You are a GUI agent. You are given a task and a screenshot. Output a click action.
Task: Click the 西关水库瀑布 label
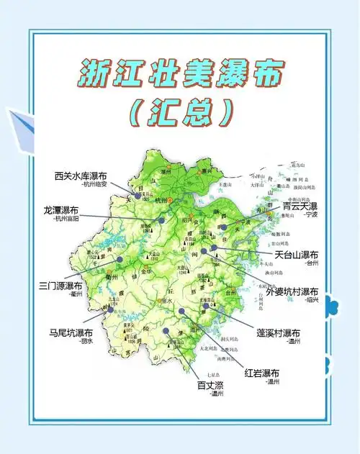point(81,176)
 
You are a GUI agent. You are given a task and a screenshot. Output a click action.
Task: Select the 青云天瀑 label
point(300,206)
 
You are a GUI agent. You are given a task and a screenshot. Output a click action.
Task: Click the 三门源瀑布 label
point(61,286)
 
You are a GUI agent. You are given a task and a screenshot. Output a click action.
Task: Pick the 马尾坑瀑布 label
point(71,333)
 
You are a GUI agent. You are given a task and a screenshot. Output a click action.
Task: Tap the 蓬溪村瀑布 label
point(272,333)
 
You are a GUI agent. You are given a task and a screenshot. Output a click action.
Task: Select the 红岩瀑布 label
point(262,373)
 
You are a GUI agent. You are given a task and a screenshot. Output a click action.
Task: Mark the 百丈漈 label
point(212,385)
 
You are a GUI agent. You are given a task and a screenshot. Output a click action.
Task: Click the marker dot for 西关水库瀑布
point(138,195)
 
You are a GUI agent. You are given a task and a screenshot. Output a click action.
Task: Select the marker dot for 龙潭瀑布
point(162,220)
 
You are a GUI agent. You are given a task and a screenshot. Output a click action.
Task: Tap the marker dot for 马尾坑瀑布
point(111,311)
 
